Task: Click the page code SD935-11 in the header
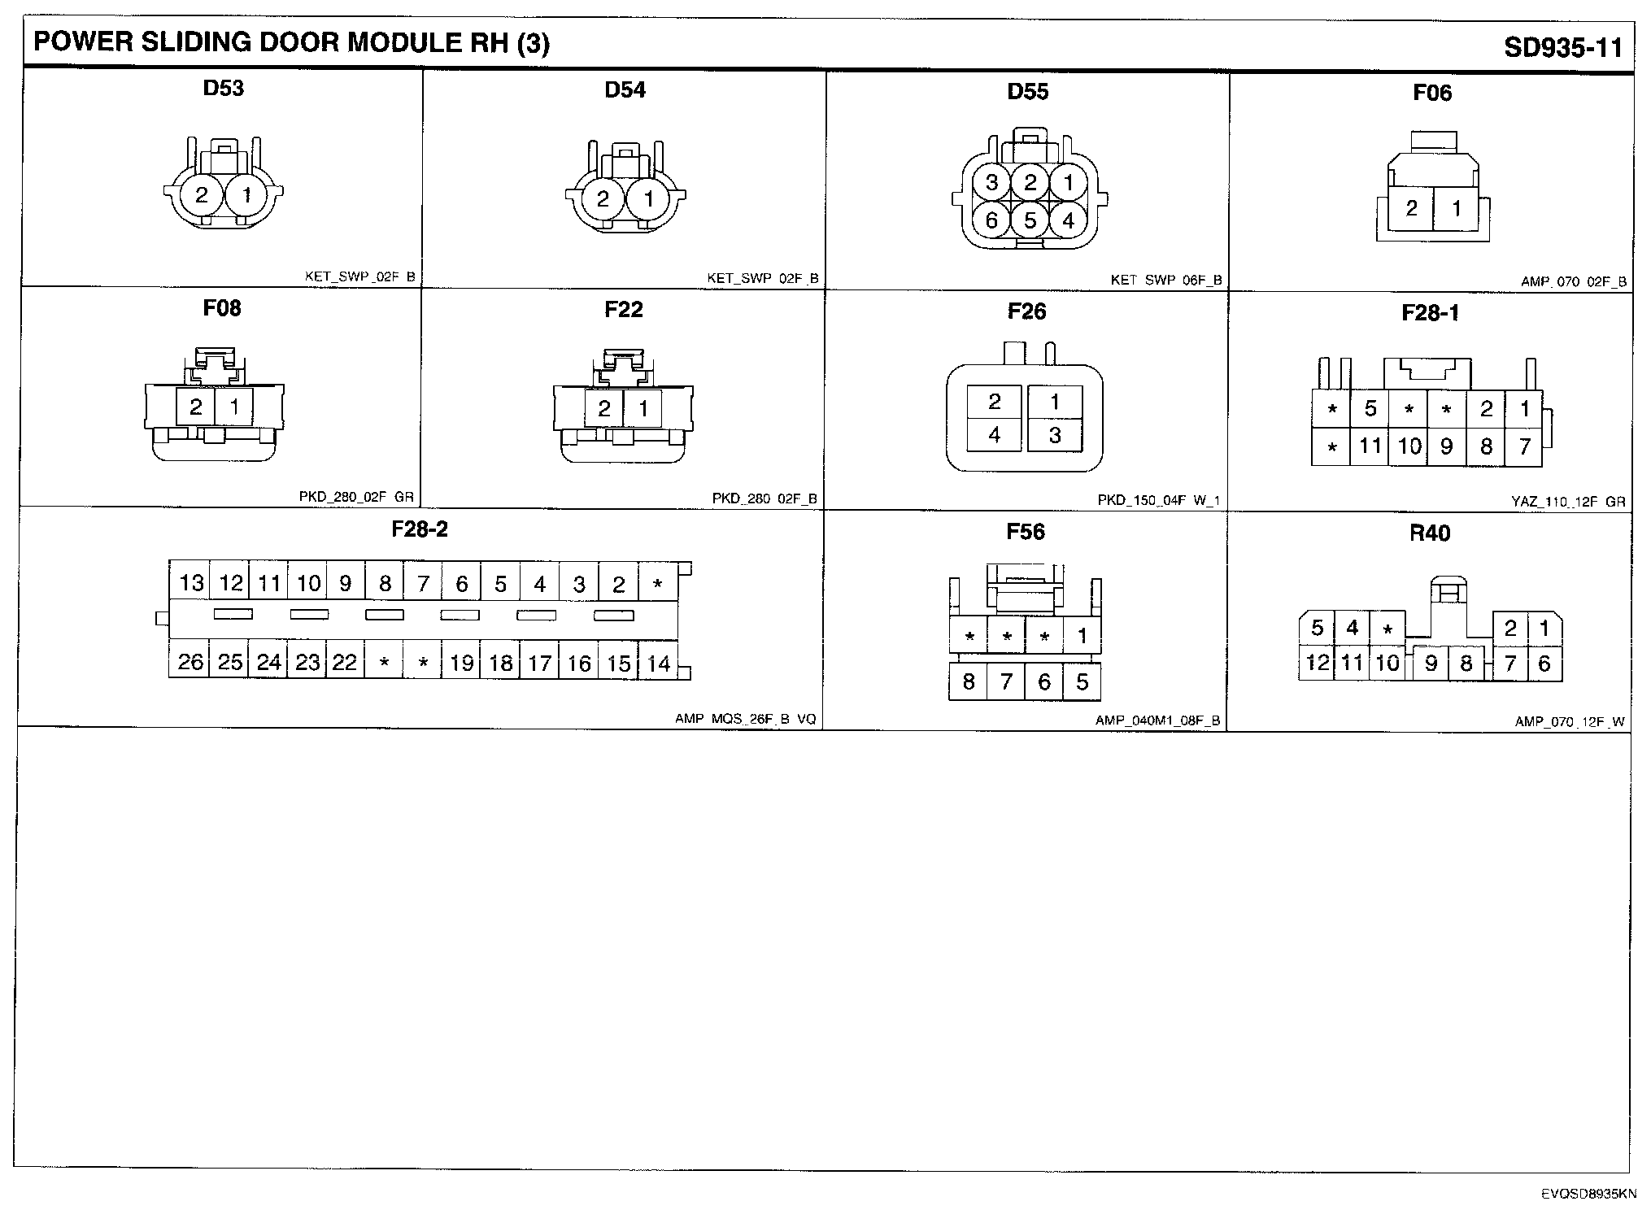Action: (1562, 48)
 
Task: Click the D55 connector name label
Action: (1027, 92)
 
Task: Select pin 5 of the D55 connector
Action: (1030, 220)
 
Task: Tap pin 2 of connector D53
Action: (202, 195)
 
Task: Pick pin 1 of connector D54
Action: (648, 198)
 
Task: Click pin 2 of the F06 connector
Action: (1412, 208)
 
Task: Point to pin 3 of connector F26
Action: (1055, 436)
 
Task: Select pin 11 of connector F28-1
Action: (1370, 446)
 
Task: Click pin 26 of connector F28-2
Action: (190, 662)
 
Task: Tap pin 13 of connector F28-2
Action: (191, 583)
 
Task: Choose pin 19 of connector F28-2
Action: (462, 663)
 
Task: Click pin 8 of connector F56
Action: (968, 681)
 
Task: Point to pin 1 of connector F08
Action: (234, 406)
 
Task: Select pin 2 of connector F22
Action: (603, 407)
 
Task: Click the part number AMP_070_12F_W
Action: (1570, 722)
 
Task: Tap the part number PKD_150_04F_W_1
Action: (1159, 501)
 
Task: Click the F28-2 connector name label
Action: (420, 529)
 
